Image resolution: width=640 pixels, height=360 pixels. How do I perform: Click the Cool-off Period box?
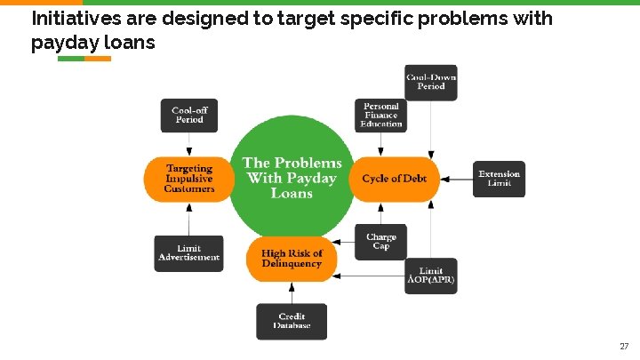coord(188,116)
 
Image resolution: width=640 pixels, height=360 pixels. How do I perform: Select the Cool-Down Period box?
coord(431,82)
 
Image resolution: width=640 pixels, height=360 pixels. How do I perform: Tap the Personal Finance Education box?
coord(381,116)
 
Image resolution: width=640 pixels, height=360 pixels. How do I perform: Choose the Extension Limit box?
coord(499,179)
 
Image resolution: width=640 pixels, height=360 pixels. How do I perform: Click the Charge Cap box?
coord(381,241)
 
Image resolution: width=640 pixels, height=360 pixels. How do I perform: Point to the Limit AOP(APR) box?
coord(431,276)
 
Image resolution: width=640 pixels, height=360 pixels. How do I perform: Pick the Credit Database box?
coord(292,321)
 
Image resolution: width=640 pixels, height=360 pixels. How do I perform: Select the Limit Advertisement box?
coord(188,253)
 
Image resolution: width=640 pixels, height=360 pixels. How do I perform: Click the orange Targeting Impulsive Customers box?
coord(188,179)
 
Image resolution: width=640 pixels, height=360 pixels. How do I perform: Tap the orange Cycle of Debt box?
coord(394,179)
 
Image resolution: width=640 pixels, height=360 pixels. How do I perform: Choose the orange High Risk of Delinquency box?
coord(292,259)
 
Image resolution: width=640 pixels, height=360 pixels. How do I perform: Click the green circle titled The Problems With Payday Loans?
coord(292,177)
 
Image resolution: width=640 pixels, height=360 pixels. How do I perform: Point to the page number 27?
coord(623,345)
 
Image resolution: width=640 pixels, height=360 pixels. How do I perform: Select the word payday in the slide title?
coord(60,42)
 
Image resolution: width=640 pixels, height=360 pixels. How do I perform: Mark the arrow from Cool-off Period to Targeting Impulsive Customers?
coord(188,145)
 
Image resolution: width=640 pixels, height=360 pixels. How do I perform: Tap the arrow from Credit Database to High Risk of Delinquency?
coord(292,292)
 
